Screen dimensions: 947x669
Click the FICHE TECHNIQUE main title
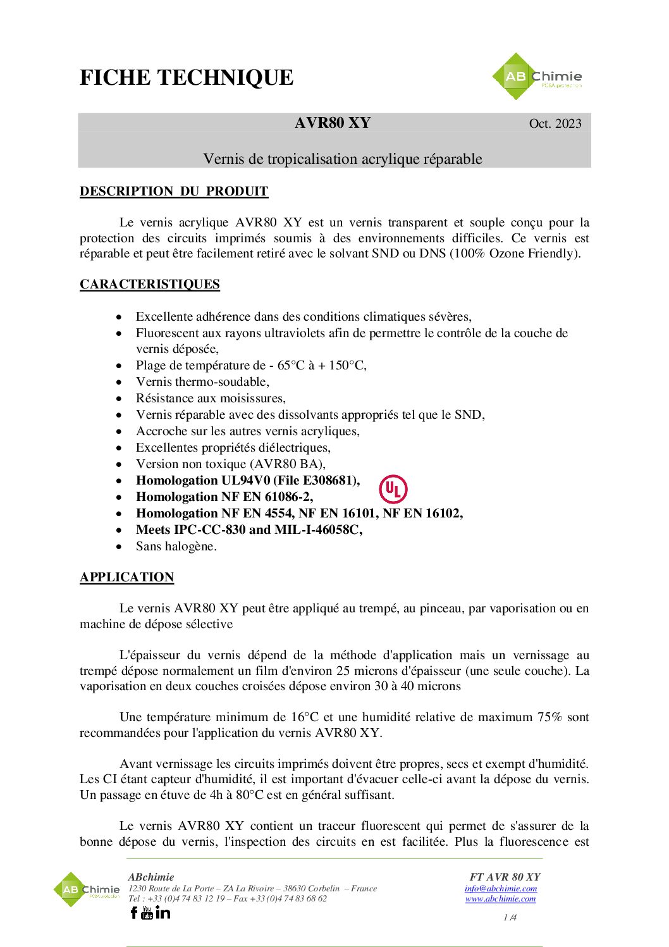coord(187,78)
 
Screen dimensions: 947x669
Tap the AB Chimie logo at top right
coord(537,77)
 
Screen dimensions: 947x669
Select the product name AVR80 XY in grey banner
coord(333,123)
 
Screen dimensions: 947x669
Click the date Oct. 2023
coord(555,123)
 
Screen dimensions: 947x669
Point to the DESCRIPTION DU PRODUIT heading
coord(174,191)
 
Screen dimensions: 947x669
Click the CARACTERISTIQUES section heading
coord(150,284)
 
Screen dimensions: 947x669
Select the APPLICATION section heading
coord(126,577)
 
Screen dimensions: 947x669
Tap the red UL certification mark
coord(393,489)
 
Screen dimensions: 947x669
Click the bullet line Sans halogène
coord(176,546)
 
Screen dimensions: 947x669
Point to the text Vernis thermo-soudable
coord(202,381)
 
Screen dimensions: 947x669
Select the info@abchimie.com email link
coord(500,888)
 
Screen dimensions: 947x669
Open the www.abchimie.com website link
coord(500,898)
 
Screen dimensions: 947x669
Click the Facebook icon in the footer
coord(134,912)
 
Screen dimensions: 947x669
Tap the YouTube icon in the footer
coord(147,912)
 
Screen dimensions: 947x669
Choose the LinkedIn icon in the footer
coord(163,912)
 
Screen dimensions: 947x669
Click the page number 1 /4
coord(510,917)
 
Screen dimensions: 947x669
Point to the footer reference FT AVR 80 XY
coord(505,877)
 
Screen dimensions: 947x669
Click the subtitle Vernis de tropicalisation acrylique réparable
coord(342,159)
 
